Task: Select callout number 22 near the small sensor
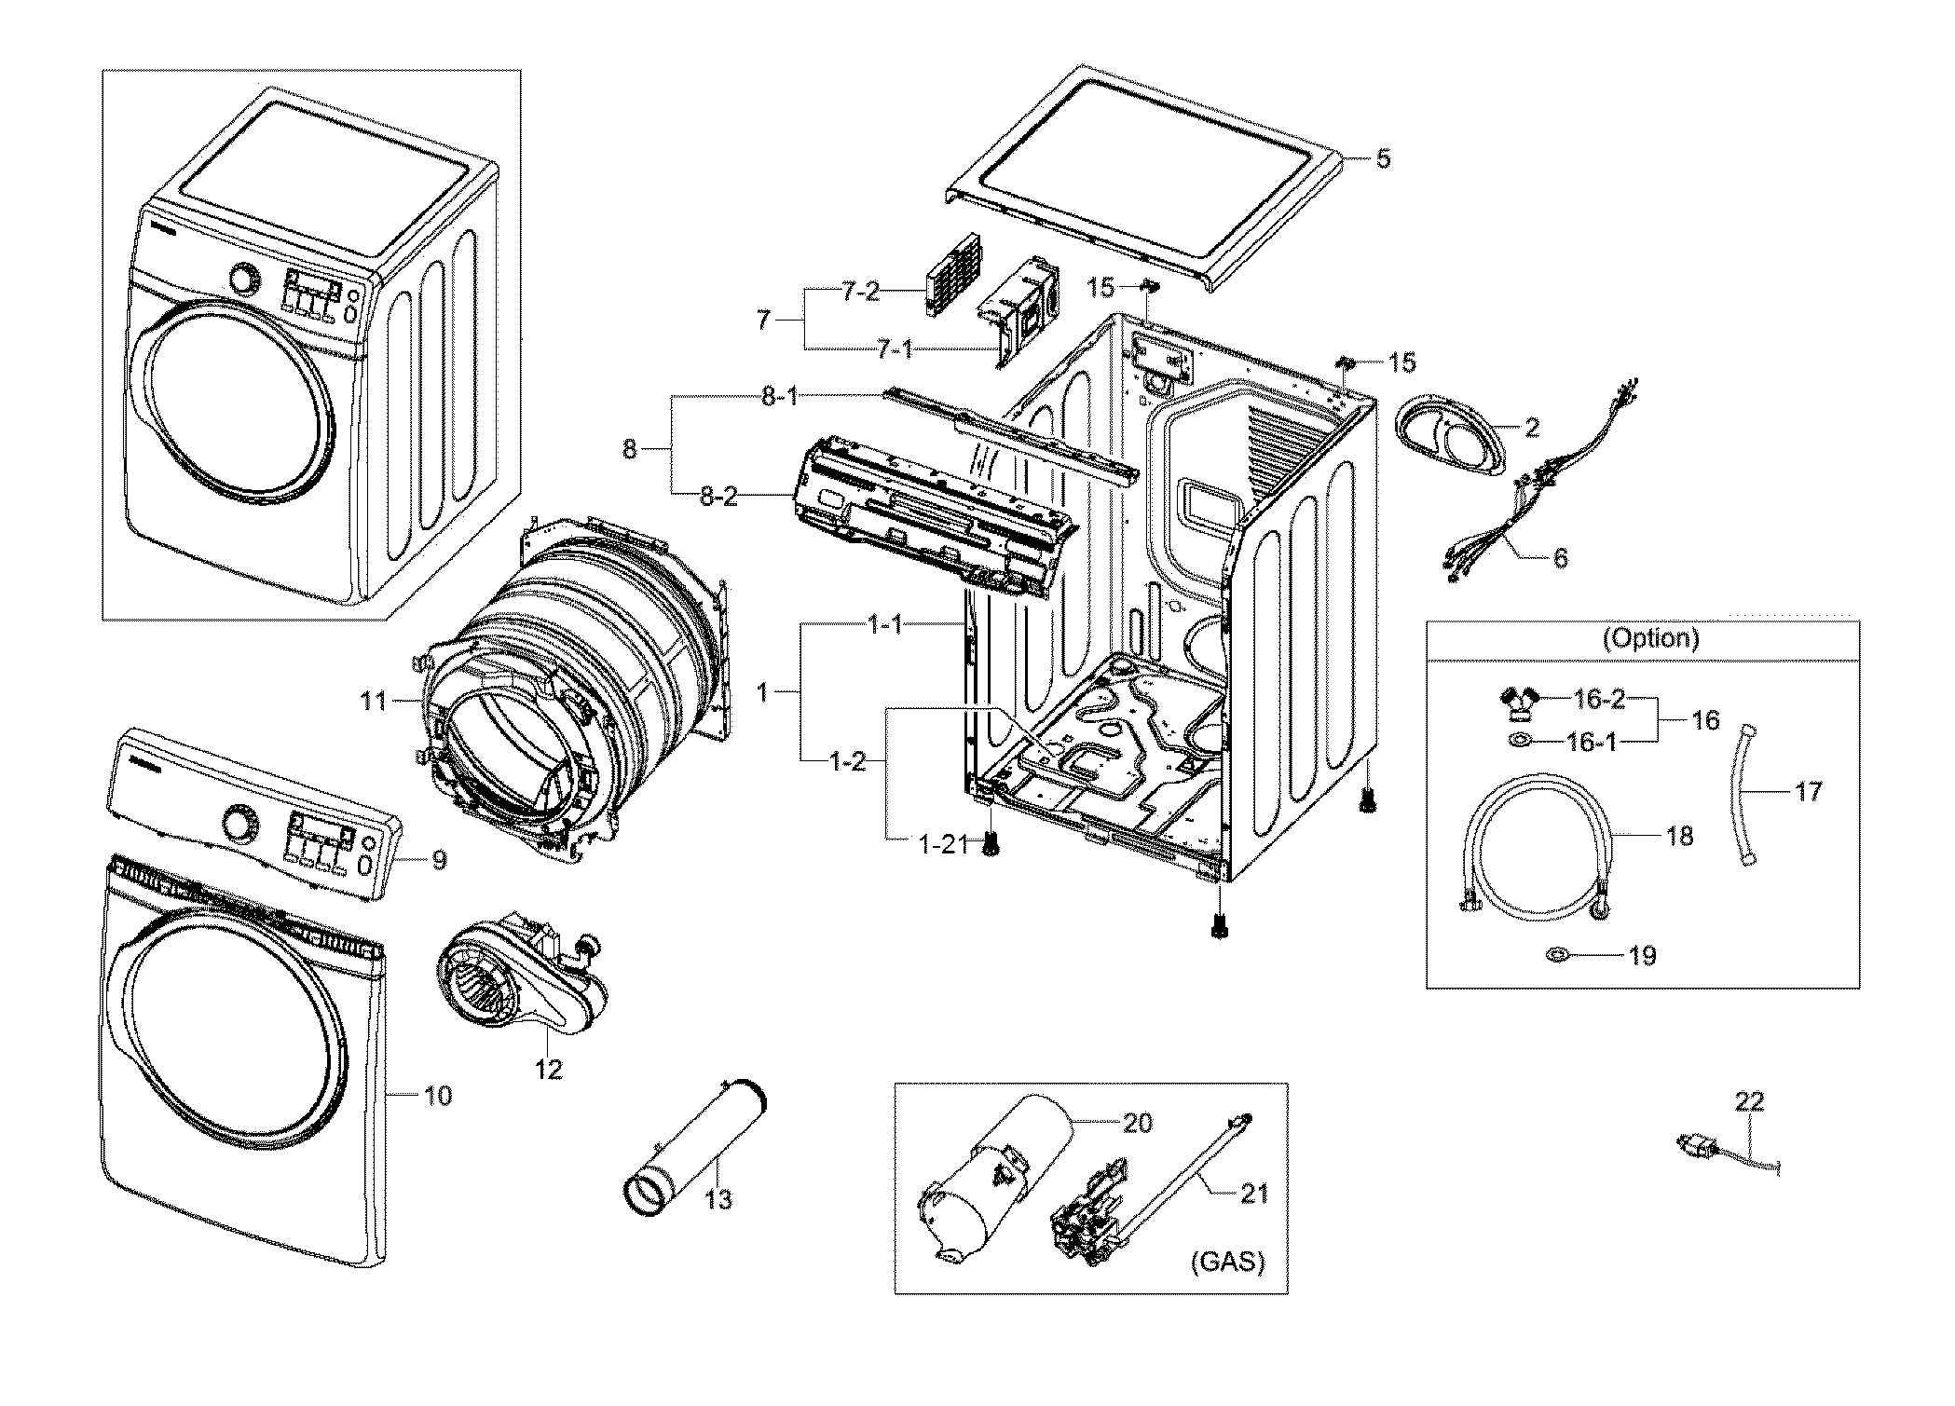[1749, 1101]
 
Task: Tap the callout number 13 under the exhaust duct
[718, 1199]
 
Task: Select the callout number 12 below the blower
[549, 1069]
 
